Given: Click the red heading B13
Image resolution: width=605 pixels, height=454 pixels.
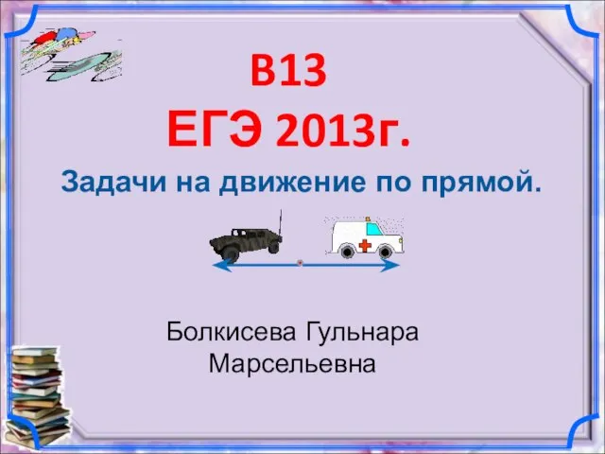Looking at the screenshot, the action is (x=288, y=71).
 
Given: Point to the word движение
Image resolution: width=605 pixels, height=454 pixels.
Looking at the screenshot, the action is (x=292, y=183).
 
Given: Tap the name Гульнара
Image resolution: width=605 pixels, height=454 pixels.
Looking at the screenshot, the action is (x=362, y=333).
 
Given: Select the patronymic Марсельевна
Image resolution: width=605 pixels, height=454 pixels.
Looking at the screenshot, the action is (x=292, y=363).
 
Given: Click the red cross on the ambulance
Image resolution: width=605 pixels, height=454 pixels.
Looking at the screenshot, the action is (x=365, y=245).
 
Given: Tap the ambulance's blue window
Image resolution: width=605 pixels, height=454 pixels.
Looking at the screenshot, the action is (x=374, y=229).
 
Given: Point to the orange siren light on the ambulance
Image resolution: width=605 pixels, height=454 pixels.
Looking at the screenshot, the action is (x=368, y=218).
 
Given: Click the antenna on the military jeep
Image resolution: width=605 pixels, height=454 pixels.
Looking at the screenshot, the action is (x=281, y=222).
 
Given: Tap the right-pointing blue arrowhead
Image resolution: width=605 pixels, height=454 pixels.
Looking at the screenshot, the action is (x=390, y=265).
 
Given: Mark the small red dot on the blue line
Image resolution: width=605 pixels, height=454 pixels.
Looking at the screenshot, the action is (x=300, y=263).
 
